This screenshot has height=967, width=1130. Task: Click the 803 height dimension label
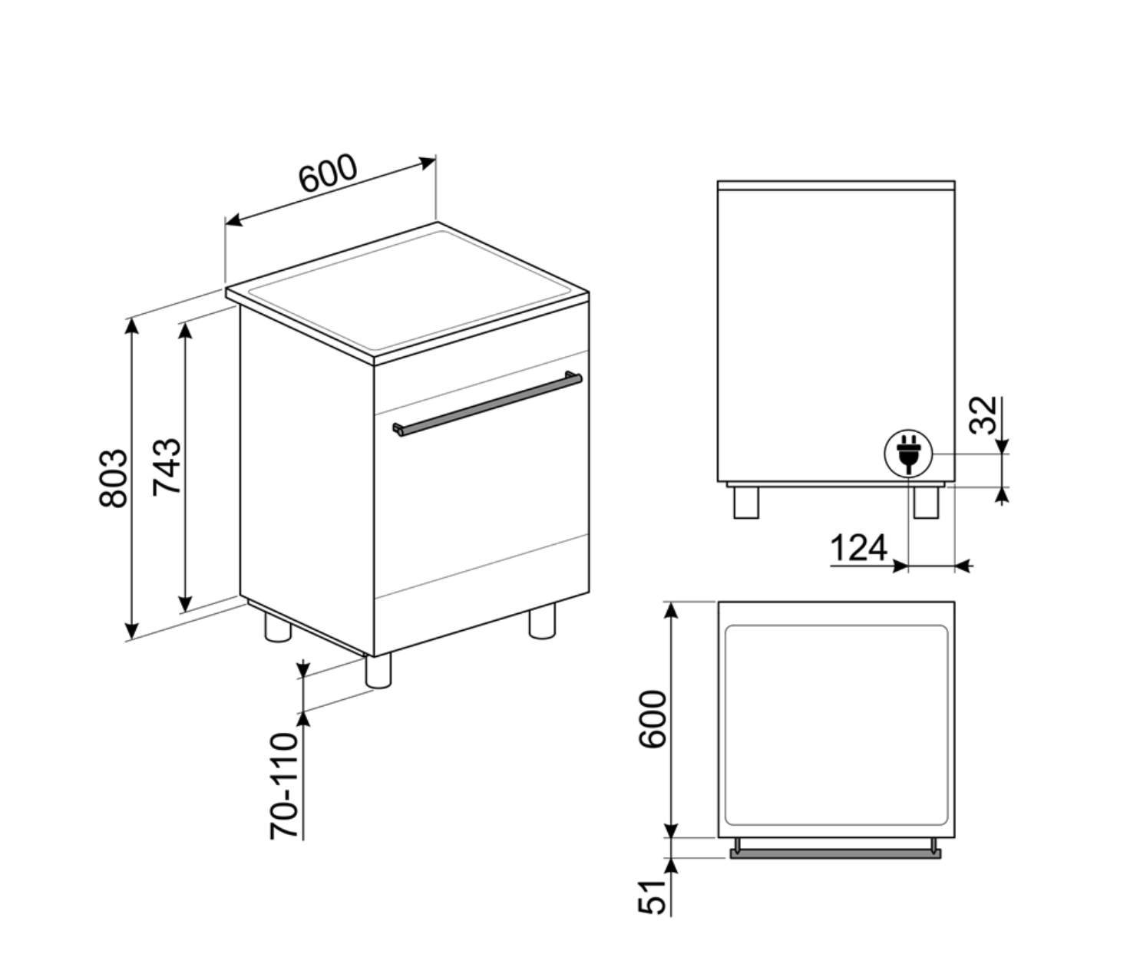click(x=113, y=479)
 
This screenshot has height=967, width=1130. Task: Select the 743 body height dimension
click(x=167, y=466)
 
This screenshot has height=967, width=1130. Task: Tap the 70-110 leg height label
click(x=283, y=785)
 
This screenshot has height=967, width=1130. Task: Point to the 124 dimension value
click(x=858, y=548)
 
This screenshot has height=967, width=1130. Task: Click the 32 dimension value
click(x=983, y=414)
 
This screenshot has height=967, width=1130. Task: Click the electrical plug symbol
click(x=907, y=453)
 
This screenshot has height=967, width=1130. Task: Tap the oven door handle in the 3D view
click(x=487, y=404)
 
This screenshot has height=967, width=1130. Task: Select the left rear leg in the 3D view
click(x=277, y=626)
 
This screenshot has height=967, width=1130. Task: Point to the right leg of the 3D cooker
click(x=542, y=621)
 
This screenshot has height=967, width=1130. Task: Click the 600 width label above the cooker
click(x=328, y=175)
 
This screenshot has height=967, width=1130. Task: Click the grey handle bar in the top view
click(x=835, y=853)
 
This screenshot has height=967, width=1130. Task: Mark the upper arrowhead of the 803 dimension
click(x=132, y=325)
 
